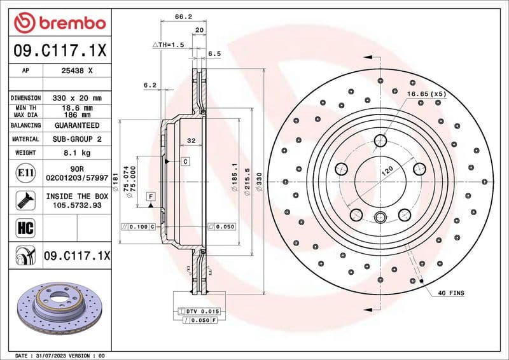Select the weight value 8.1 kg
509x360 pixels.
point(77,153)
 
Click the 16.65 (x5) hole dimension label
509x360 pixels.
point(426,93)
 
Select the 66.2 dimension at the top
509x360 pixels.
point(183,17)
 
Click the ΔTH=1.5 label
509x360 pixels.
point(168,45)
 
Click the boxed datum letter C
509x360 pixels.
point(185,162)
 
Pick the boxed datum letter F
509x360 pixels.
point(151,196)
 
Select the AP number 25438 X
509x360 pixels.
point(77,71)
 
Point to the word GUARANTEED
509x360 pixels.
point(77,125)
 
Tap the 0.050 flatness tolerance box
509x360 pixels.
point(222,226)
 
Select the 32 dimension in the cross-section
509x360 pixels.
point(190,140)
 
